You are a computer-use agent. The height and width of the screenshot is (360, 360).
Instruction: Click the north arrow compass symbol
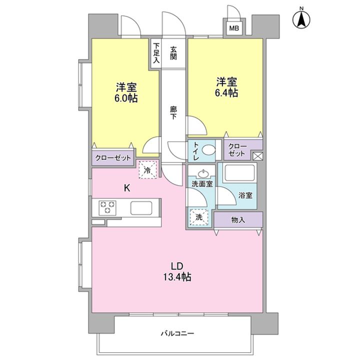coord(301,19)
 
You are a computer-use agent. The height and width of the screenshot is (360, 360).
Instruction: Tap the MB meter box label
coord(234,28)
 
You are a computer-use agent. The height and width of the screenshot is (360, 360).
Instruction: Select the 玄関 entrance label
coord(173,53)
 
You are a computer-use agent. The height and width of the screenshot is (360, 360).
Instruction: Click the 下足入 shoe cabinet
coord(156,53)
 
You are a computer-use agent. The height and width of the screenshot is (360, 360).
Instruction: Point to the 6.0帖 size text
coord(126,98)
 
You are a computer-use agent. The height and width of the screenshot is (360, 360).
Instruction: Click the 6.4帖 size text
coord(226,92)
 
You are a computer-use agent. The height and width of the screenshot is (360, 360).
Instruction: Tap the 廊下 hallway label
coord(173,112)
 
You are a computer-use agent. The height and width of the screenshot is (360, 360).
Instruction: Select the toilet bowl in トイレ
coord(208,150)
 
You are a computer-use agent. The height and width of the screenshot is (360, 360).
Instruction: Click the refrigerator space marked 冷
coord(148,169)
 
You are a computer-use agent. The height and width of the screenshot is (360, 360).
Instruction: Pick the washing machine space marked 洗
coord(199,217)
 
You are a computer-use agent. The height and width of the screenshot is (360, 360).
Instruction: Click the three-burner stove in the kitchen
coord(107,207)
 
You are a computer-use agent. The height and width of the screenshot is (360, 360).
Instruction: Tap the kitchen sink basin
coord(141,208)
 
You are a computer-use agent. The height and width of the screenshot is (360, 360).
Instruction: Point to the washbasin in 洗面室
coord(202,174)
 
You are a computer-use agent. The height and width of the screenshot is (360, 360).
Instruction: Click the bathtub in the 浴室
coord(239,173)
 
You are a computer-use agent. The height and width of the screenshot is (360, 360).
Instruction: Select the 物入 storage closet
coord(238,220)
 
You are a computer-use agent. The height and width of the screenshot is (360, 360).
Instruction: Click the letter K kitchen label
coord(127,188)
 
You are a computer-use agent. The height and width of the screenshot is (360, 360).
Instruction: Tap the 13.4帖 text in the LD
coord(177,277)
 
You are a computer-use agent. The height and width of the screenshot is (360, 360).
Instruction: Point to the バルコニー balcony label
coord(177,333)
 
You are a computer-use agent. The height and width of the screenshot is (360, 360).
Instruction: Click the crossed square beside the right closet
coord(258,156)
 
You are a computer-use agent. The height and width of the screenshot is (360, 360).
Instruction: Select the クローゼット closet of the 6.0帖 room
coord(112,157)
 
